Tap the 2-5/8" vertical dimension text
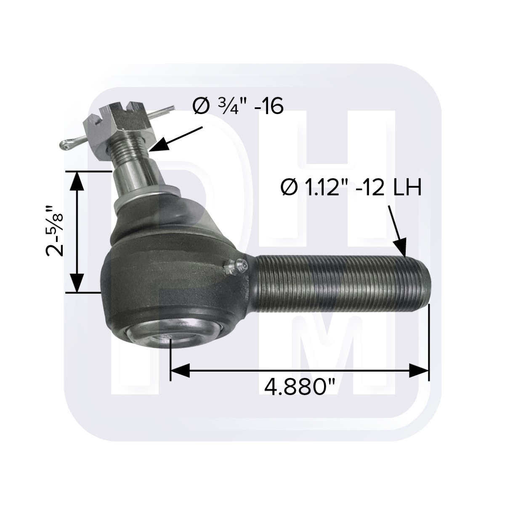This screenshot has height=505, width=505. [56, 231]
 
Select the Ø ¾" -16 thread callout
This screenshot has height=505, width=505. [238, 106]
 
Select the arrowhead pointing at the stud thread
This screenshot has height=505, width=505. [158, 146]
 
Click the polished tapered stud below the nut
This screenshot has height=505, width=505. [135, 177]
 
